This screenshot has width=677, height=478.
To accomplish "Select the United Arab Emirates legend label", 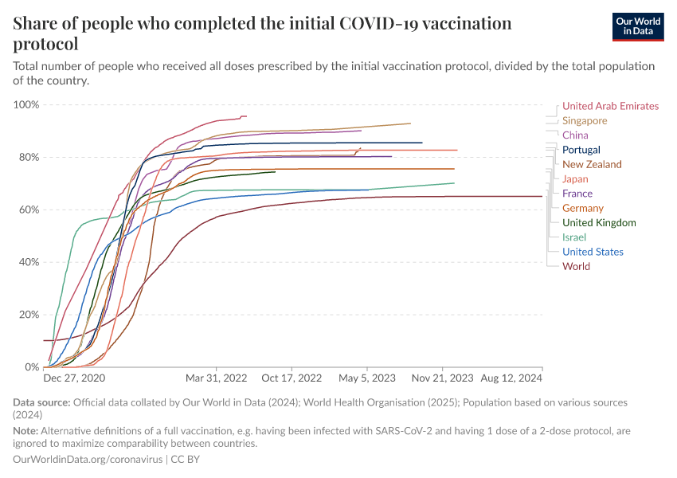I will pos(610,106).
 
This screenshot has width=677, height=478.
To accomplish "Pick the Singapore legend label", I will pos(585,121).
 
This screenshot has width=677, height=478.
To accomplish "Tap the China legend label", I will pos(575,135).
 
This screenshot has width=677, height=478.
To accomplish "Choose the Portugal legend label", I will pos(581,150).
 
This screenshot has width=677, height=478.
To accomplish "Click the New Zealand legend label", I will pos(593,164).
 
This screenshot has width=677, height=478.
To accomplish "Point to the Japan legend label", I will pos(575,179).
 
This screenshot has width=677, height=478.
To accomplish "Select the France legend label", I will pos(577,194).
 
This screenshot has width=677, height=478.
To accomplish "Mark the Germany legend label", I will pos(583,208).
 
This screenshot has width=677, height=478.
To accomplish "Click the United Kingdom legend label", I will pos(599,222).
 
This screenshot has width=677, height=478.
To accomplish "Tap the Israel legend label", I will pos(575,237).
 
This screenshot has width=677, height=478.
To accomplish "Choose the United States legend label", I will pos(593,252).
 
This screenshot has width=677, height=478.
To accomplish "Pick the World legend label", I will pos(576,267).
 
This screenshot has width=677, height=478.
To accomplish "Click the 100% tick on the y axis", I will pos(26,105).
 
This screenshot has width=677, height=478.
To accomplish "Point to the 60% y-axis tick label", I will pos(29,210).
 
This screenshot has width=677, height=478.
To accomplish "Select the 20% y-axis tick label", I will pos(29,315).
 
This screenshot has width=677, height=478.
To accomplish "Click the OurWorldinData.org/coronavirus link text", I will pos(88,460).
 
